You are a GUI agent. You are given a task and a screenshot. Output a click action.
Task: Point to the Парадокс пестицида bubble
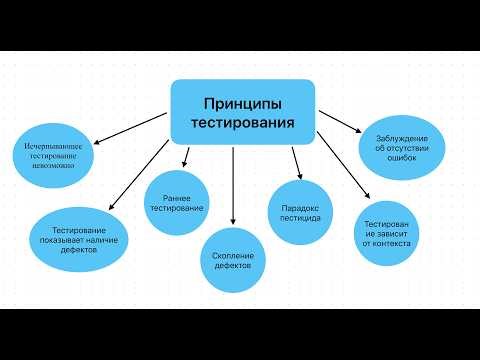pos(294,210)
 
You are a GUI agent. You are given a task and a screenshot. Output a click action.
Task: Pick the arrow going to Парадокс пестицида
pos(295,161)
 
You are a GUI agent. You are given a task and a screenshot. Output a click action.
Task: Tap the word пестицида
pos(294,217)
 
